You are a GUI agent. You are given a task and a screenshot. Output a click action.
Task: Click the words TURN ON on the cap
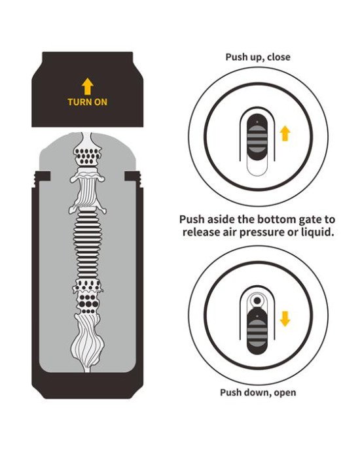87,102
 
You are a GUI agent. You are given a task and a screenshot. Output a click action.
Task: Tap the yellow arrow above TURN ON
87,86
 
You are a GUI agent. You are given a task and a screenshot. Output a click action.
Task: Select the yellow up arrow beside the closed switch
285,133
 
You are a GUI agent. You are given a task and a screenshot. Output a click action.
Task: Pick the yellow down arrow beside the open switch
285,319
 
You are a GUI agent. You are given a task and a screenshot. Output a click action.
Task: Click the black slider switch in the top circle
257,137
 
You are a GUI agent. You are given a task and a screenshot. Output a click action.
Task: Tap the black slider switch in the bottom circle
257,329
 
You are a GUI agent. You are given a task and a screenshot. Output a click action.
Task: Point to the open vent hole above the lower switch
257,300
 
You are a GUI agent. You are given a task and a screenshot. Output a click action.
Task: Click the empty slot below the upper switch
257,167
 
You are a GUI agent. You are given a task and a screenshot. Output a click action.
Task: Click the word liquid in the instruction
318,232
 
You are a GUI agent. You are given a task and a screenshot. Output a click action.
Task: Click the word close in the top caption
278,57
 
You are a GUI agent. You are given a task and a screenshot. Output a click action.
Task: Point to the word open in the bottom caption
285,393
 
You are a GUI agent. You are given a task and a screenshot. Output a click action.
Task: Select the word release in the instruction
201,232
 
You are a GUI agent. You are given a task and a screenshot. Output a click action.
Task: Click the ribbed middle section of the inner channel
87,245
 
